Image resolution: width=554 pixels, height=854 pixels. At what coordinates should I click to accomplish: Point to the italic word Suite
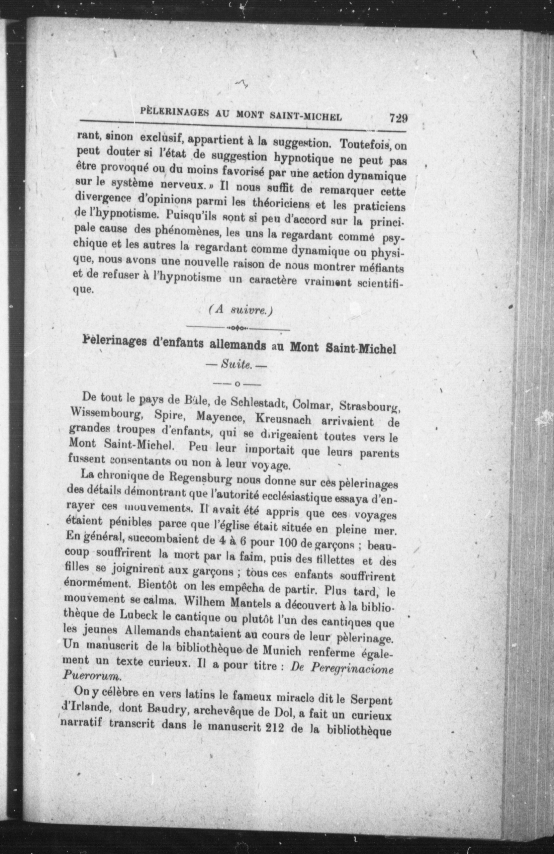click(237, 364)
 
